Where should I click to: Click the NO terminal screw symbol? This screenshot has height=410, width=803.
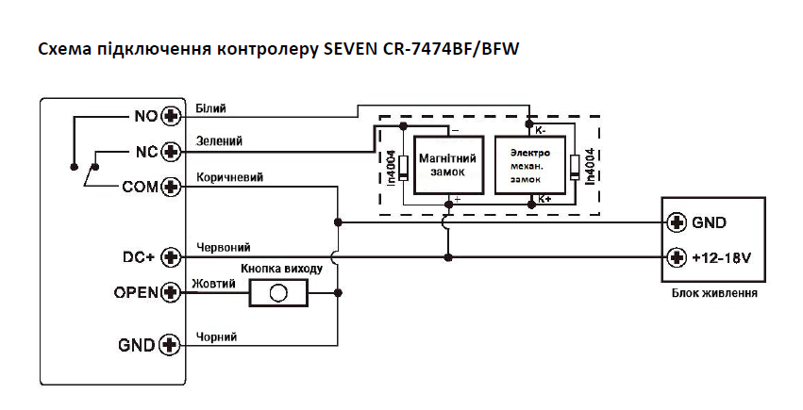[171, 116]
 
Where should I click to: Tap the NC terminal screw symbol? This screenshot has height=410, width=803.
[171, 151]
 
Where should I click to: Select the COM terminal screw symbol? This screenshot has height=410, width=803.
[171, 187]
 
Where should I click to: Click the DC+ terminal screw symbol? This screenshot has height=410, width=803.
[171, 256]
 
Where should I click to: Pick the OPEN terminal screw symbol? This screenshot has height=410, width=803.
[171, 292]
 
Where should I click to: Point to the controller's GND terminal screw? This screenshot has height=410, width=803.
[171, 345]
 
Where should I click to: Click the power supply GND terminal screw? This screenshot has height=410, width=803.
[676, 223]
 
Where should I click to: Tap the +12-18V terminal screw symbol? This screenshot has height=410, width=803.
[676, 257]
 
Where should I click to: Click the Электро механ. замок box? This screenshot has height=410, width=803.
[528, 163]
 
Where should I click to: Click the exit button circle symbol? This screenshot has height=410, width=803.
[277, 293]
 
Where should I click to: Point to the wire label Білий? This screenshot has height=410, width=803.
[209, 108]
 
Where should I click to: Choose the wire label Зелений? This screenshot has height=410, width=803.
[218, 142]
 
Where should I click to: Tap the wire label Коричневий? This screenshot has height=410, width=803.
[229, 177]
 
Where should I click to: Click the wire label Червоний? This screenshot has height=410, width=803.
[223, 248]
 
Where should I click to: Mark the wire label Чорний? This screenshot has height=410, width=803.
[215, 336]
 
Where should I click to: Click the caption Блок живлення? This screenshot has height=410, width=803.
[714, 293]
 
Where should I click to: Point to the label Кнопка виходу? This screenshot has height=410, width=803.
[282, 269]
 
